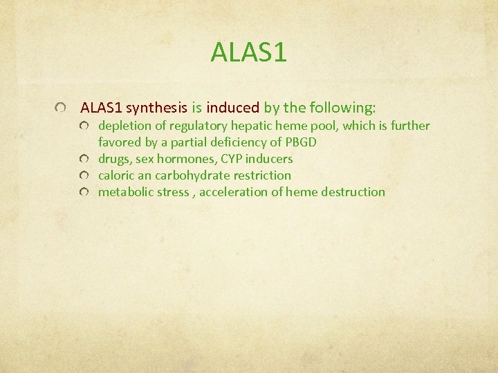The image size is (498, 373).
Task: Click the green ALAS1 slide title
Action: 249,52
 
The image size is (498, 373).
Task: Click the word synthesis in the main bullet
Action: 157,108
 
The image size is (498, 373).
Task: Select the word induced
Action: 232,108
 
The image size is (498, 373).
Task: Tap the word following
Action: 343,108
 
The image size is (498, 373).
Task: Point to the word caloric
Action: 118,175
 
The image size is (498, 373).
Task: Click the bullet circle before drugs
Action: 84,160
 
